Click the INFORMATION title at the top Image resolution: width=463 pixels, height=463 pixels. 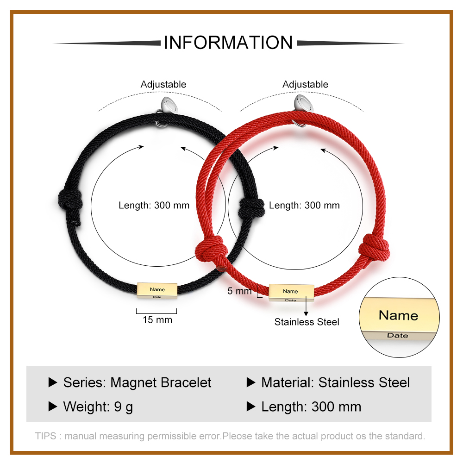pyautogui.click(x=228, y=42)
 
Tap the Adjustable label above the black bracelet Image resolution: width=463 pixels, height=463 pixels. pyautogui.click(x=163, y=84)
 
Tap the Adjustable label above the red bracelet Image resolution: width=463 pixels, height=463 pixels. pyautogui.click(x=305, y=84)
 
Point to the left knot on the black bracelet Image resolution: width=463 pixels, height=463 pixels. pyautogui.click(x=70, y=202)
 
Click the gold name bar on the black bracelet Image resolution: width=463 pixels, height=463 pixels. pyautogui.click(x=157, y=291)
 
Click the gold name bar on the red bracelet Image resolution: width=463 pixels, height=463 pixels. pyautogui.click(x=291, y=293)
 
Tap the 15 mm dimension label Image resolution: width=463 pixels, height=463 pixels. pyautogui.click(x=157, y=320)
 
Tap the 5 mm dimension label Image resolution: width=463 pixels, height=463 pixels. pyautogui.click(x=239, y=291)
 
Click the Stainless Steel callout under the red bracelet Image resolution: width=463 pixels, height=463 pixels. pyautogui.click(x=307, y=322)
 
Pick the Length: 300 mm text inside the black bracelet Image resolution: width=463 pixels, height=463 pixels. pyautogui.click(x=154, y=205)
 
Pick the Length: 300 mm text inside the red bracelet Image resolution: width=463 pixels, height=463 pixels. pyautogui.click(x=304, y=205)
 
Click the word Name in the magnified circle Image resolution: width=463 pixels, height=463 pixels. pyautogui.click(x=398, y=316)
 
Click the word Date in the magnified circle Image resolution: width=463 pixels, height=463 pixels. pyautogui.click(x=398, y=335)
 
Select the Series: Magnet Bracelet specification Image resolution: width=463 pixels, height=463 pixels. pyautogui.click(x=137, y=382)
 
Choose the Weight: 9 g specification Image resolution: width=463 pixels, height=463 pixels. pyautogui.click(x=98, y=407)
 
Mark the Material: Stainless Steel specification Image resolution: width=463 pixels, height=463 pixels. pyautogui.click(x=335, y=382)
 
